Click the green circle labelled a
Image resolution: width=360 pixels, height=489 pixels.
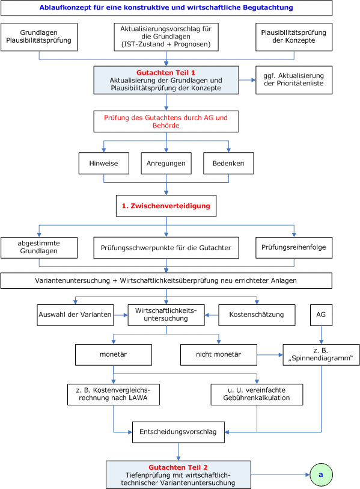tap(321, 475)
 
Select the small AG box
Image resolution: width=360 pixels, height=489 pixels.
tap(321, 315)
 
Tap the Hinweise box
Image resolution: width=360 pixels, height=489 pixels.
tap(104, 163)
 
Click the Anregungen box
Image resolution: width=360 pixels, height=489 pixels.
tap(166, 163)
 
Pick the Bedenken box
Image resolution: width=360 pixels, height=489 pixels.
tap(228, 163)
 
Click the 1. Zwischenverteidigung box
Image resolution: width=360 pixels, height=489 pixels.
tap(166, 206)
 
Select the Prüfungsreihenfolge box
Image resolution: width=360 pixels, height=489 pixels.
tap(294, 248)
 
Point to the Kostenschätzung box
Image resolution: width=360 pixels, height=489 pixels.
tap(257, 315)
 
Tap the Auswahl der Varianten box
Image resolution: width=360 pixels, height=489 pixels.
tap(75, 315)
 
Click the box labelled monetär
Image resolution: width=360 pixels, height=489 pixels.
tap(114, 355)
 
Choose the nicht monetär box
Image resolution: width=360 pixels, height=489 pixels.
tap(219, 355)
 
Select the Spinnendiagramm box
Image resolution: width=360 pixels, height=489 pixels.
tap(321, 355)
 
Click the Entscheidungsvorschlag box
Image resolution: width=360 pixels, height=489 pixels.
tap(178, 432)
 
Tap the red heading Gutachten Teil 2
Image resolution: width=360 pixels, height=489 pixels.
tap(178, 467)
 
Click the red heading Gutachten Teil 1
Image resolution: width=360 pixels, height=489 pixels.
tap(166, 73)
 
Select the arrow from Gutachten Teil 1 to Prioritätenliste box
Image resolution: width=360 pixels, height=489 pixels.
tap(247, 80)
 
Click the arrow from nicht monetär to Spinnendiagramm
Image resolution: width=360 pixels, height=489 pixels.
tap(270, 355)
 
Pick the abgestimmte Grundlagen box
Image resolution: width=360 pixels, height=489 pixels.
tap(39, 248)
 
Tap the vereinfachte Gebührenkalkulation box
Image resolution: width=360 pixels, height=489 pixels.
tap(257, 395)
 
